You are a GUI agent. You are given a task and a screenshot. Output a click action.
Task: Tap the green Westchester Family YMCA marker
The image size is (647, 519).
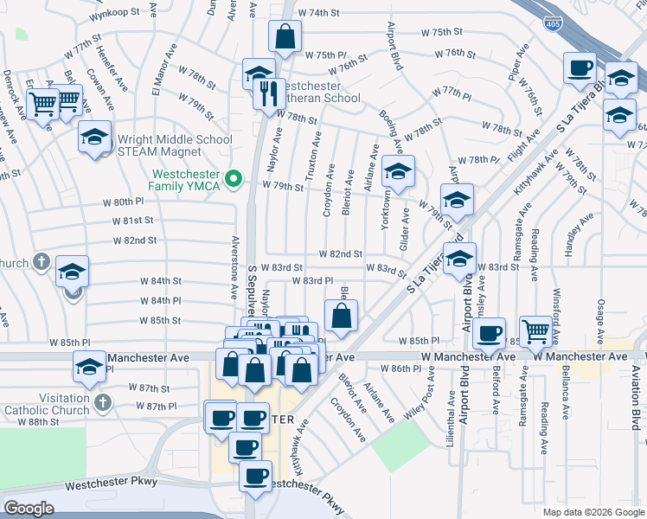point(232,180)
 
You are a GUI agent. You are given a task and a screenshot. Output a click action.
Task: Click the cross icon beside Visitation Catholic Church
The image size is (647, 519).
point(102,402)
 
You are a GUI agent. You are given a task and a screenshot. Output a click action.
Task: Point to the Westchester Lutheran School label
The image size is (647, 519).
point(317,93)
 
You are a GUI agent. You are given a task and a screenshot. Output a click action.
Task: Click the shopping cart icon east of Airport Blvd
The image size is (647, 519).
point(536,331)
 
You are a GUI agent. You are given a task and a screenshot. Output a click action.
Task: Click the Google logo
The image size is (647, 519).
point(29,509)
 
